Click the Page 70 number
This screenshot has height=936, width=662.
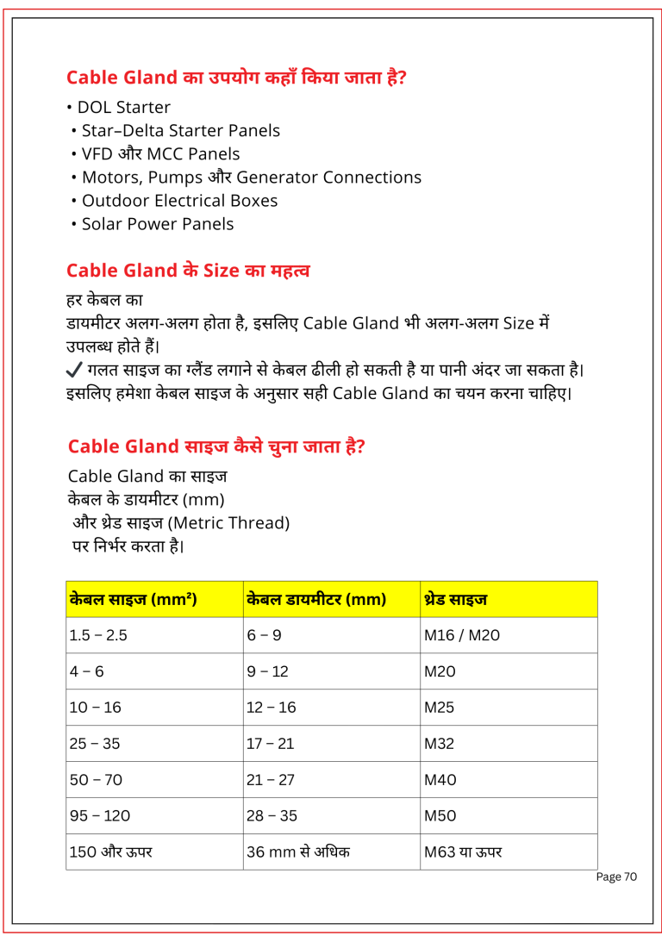tap(616, 877)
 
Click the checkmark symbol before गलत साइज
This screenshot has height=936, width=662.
tap(74, 371)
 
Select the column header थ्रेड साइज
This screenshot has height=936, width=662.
tap(455, 598)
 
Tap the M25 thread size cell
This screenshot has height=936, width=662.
tap(439, 708)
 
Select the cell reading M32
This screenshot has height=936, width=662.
tap(439, 744)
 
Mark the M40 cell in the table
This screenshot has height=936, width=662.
tap(440, 780)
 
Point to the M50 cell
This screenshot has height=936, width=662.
tap(440, 816)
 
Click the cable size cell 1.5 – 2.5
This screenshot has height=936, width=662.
tap(98, 636)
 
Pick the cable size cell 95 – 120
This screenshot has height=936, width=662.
tap(100, 816)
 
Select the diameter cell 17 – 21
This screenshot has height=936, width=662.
tap(271, 744)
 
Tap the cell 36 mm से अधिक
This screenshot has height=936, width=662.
tap(298, 852)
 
